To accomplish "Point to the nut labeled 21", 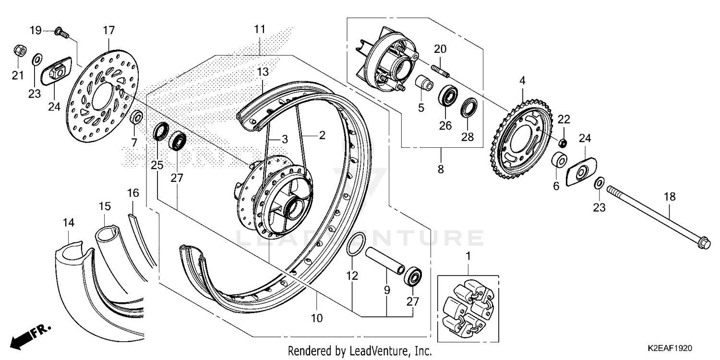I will (18, 50).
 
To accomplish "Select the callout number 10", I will (317, 318).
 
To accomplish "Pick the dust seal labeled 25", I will (161, 132).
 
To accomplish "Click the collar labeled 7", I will (136, 117).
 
